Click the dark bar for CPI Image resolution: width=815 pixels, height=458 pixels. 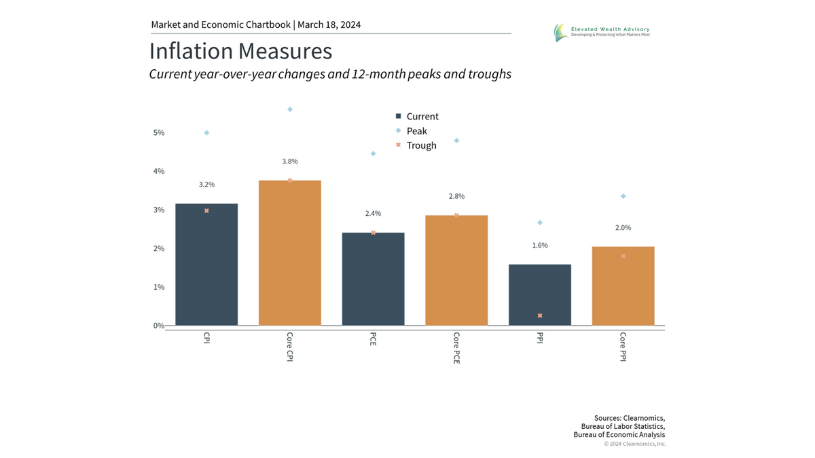point(206,265)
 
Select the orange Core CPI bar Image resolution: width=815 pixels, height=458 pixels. point(290,252)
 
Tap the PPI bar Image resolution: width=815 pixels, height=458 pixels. point(540,294)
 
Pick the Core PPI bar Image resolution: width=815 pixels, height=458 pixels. point(623,286)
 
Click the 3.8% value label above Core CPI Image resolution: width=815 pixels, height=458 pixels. point(290,161)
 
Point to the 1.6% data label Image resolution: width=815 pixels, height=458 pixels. point(540,245)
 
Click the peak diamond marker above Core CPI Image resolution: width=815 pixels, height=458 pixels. point(290,109)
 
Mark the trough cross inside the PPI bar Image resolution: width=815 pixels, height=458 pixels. point(540,316)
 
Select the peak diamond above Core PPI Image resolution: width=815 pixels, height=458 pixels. point(623,196)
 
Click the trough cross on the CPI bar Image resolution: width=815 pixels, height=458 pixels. point(206,211)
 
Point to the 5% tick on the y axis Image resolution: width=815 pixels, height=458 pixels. point(158,133)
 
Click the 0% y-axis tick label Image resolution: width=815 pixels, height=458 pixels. point(158,326)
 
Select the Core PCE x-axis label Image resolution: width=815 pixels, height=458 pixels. point(456,347)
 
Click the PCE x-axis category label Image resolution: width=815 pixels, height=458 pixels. point(373,339)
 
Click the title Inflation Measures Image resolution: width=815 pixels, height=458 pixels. point(240,52)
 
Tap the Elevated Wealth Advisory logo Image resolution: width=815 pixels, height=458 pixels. point(601,31)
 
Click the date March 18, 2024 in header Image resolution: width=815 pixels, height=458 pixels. point(329,24)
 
